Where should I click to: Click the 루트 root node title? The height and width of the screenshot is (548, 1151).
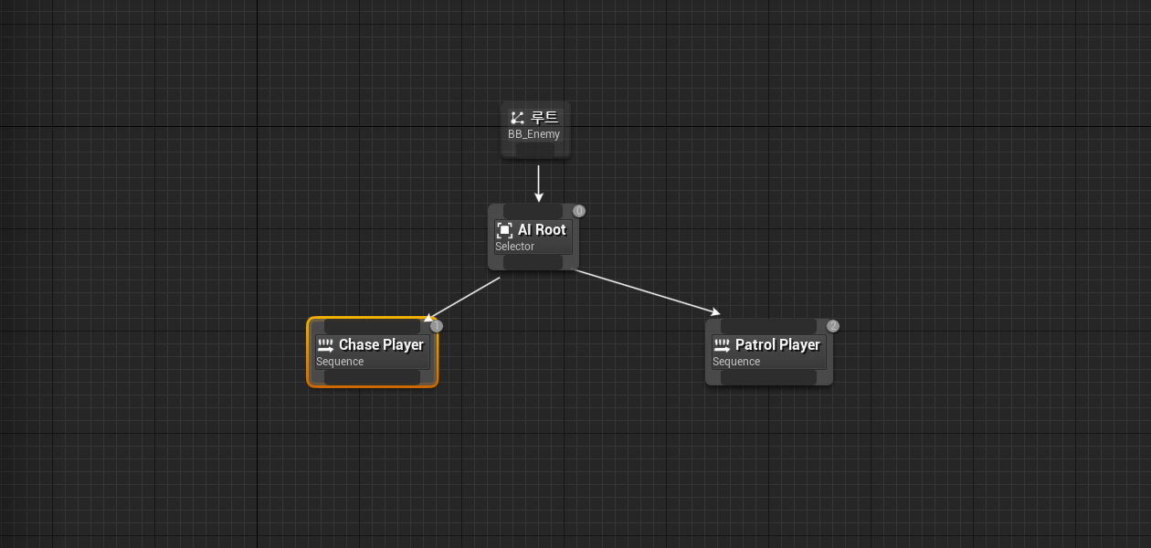(544, 118)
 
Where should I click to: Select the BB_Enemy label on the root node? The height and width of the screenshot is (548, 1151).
(534, 134)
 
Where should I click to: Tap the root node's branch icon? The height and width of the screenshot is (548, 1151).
(517, 118)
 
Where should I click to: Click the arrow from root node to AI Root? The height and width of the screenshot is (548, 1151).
(539, 183)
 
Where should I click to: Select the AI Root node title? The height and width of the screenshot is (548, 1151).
(542, 230)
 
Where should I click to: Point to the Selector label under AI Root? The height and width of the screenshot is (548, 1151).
(515, 247)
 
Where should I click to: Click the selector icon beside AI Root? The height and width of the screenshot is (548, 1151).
(504, 230)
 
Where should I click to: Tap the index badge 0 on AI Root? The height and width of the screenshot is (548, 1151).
(579, 211)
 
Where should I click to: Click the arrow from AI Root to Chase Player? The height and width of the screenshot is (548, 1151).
(464, 298)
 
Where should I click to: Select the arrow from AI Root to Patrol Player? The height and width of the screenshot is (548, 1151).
(647, 292)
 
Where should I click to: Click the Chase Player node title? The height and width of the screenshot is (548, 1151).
(381, 345)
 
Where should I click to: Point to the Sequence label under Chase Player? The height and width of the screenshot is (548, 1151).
(340, 362)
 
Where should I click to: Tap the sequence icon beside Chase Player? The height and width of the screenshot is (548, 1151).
(325, 345)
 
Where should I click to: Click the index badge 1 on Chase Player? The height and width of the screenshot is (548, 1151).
(437, 326)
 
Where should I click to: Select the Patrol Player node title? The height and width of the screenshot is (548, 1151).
(777, 345)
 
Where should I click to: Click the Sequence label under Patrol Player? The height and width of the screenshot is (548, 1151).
(736, 362)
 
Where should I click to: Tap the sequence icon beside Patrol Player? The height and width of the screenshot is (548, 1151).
(722, 345)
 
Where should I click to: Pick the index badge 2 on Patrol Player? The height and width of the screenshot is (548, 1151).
(833, 326)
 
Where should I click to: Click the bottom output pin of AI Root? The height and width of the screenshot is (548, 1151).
(533, 262)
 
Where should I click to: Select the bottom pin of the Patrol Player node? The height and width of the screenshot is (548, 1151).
(768, 377)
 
